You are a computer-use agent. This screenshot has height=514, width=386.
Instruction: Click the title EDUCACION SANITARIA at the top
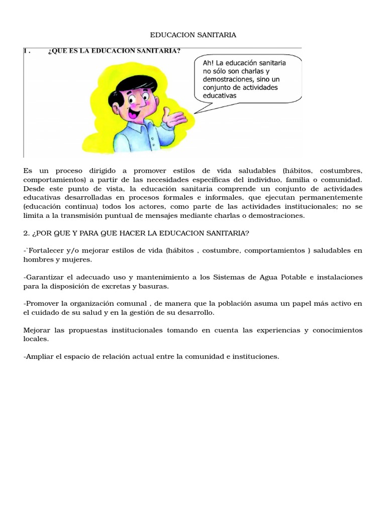pyautogui.click(x=193, y=35)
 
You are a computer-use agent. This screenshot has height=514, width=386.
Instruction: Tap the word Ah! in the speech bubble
pyautogui.click(x=208, y=63)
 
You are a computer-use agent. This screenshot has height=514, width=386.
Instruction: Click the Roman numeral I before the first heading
pyautogui.click(x=25, y=51)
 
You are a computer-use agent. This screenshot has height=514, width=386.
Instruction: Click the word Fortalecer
pyautogui.click(x=46, y=250)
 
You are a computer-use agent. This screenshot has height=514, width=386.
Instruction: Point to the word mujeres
pyautogui.click(x=77, y=259)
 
